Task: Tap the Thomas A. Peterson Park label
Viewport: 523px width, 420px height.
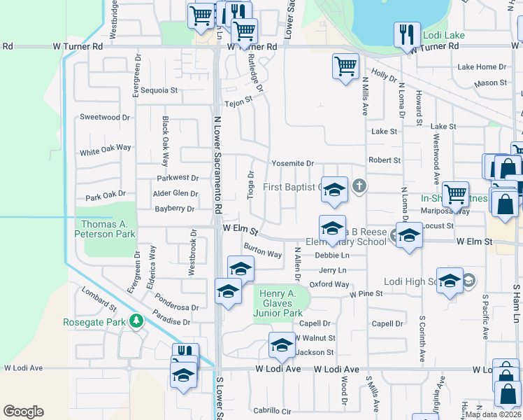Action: pyautogui.click(x=105, y=229)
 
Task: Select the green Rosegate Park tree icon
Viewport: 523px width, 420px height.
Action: pyautogui.click(x=136, y=322)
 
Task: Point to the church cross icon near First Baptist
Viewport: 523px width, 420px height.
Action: pyautogui.click(x=359, y=186)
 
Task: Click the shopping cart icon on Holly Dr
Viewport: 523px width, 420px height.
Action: pyautogui.click(x=345, y=66)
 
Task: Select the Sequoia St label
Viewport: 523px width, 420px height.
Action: pyautogui.click(x=159, y=90)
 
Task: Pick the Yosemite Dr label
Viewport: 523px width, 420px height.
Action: pyautogui.click(x=292, y=164)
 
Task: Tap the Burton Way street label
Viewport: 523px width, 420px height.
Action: pyautogui.click(x=262, y=249)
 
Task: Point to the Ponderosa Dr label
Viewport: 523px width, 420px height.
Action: pyautogui.click(x=177, y=302)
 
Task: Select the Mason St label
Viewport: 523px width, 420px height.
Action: pyautogui.click(x=490, y=83)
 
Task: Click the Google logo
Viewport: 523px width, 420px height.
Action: pyautogui.click(x=23, y=412)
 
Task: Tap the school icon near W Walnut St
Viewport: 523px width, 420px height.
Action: pyautogui.click(x=282, y=344)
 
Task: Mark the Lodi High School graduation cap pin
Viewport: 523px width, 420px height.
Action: pyautogui.click(x=450, y=280)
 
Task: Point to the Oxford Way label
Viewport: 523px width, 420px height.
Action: pyautogui.click(x=329, y=284)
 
